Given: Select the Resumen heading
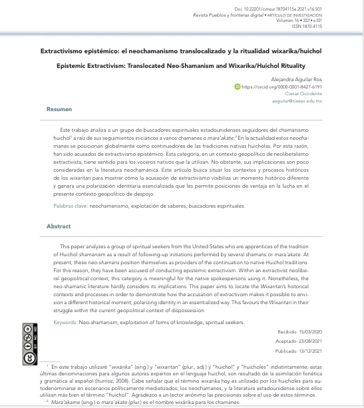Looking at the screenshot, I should (x=59, y=108).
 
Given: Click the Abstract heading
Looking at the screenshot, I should (x=59, y=226).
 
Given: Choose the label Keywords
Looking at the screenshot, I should (x=65, y=322).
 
